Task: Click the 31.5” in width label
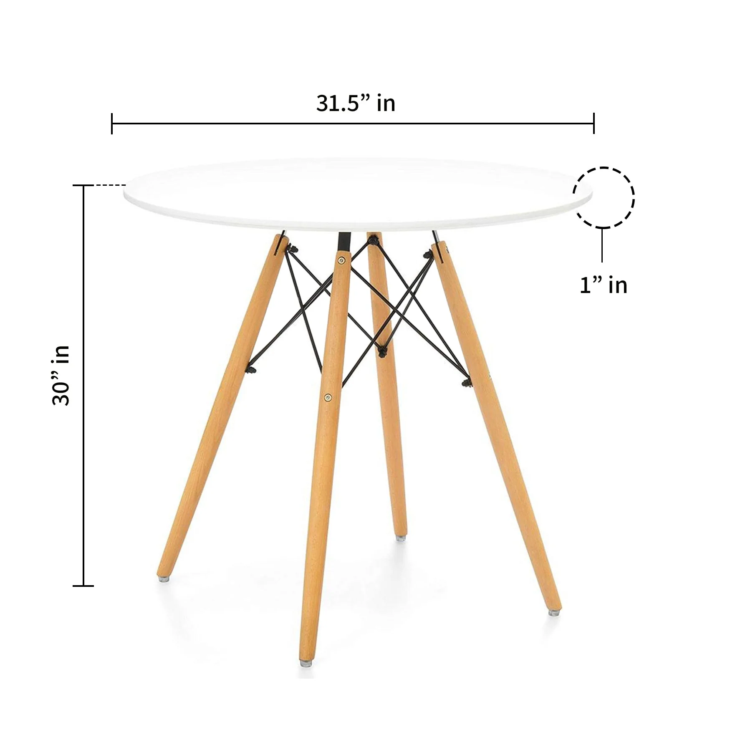[x=356, y=103]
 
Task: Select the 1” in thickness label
[x=604, y=285]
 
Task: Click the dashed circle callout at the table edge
[x=604, y=198]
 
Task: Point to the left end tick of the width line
[x=112, y=124]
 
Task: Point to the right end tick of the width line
[x=594, y=124]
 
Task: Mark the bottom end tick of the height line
[x=83, y=586]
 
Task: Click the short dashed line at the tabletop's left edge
[x=111, y=185]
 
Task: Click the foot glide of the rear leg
[x=401, y=538]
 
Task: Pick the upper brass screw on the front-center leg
[x=342, y=260]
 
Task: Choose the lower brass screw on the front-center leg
[x=328, y=397]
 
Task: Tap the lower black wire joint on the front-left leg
[x=252, y=369]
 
